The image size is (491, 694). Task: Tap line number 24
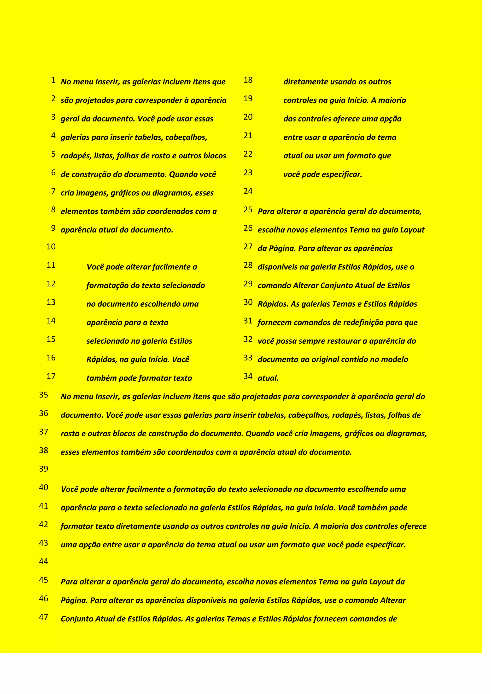[248, 191]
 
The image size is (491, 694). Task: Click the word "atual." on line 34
[268, 378]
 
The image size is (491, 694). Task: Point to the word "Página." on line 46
[74, 600]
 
